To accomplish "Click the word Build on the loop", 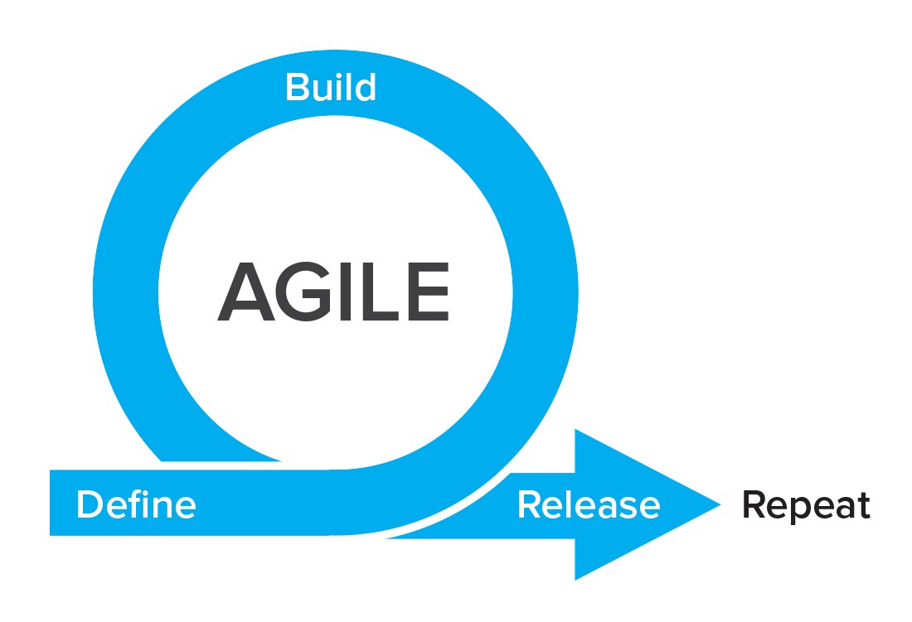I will click(330, 87).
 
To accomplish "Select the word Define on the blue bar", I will click(136, 504).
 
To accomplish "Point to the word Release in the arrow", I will click(589, 504).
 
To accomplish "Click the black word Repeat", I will click(806, 505).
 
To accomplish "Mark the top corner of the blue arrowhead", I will click(576, 430).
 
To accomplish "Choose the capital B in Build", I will click(296, 87).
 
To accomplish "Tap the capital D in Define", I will click(88, 504).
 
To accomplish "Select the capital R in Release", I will click(529, 504).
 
